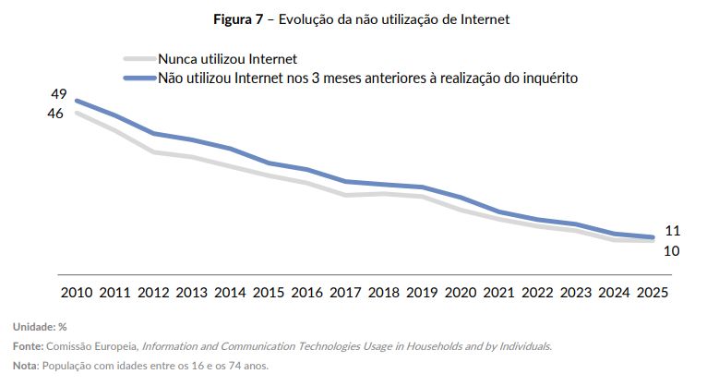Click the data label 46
pyautogui.click(x=56, y=113)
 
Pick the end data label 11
pyautogui.click(x=672, y=231)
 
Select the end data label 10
pyautogui.click(x=672, y=249)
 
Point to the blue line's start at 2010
pyautogui.click(x=76, y=101)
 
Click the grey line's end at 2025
pyautogui.click(x=652, y=240)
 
